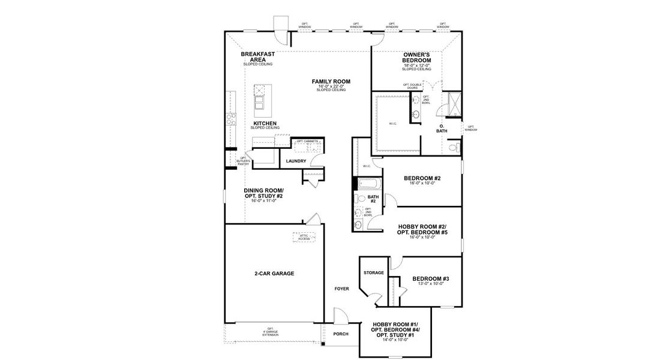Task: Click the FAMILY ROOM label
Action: coord(331,81)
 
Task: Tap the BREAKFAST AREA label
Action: coord(258,57)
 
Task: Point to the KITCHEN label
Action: coord(265,123)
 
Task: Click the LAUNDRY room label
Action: coord(296,161)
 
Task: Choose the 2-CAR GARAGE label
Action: coord(274,273)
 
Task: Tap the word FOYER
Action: coord(341,289)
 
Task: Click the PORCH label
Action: coord(341,334)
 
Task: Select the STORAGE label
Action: coord(373,273)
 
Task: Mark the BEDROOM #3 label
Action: coord(430,278)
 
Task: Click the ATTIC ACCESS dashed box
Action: coord(304,237)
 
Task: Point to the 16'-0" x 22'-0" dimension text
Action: coord(331,86)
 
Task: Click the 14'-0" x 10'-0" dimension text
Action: coord(395,340)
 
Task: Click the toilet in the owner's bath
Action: coord(454,146)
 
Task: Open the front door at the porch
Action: coord(340,316)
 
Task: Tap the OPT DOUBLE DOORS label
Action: coord(412,86)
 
